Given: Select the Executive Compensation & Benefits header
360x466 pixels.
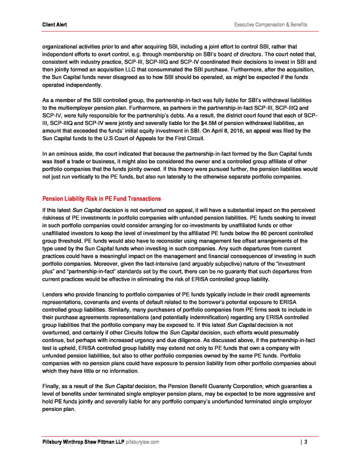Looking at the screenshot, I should click(271, 24).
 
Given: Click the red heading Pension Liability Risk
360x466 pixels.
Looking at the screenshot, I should click(102, 199).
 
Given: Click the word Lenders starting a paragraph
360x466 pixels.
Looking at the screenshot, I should click(54, 295).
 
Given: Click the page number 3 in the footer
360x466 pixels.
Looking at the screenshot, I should click(305, 442).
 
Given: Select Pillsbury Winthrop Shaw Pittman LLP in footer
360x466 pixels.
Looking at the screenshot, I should click(83, 442).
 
